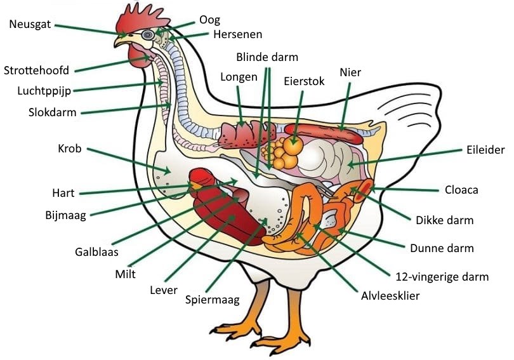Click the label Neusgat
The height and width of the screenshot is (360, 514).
(30, 24)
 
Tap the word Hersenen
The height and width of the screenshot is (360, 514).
(237, 34)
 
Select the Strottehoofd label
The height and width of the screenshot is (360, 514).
(36, 70)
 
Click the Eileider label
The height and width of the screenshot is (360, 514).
(485, 150)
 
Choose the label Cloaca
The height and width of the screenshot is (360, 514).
(461, 190)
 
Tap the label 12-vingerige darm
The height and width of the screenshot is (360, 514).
(442, 276)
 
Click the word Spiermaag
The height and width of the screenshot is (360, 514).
(213, 300)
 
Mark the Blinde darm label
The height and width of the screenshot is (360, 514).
(267, 57)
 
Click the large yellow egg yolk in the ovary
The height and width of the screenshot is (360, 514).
(293, 145)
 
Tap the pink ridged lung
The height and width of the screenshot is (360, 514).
(244, 134)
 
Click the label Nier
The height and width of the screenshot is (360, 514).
(350, 72)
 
